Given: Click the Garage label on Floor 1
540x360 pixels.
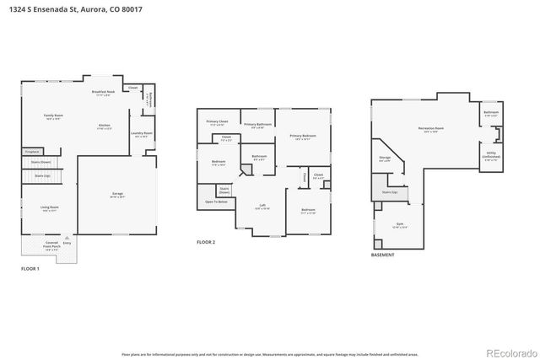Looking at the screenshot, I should pyautogui.click(x=117, y=194).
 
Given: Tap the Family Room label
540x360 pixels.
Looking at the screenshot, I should pyautogui.click(x=54, y=115).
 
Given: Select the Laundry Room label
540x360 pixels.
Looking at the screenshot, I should pyautogui.click(x=141, y=133).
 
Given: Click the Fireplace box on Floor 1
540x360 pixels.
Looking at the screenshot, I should pyautogui.click(x=32, y=152).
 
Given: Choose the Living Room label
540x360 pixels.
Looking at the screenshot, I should pyautogui.click(x=50, y=207).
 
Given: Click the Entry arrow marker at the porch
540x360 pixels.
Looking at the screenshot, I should pyautogui.click(x=67, y=244).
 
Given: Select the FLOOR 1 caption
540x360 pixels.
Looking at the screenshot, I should pyautogui.click(x=30, y=269).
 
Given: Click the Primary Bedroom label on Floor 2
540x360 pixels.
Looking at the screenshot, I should pyautogui.click(x=303, y=136).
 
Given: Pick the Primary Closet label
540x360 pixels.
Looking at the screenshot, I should pyautogui.click(x=218, y=121).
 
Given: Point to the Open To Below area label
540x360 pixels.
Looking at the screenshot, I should pyautogui.click(x=217, y=202).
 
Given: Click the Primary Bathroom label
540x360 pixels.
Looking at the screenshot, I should pyautogui.click(x=262, y=125).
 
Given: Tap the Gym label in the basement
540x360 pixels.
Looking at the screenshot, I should pyautogui.click(x=400, y=225).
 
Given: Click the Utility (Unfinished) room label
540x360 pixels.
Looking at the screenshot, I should pyautogui.click(x=491, y=156).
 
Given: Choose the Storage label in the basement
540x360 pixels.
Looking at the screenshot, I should pyautogui.click(x=385, y=157).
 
